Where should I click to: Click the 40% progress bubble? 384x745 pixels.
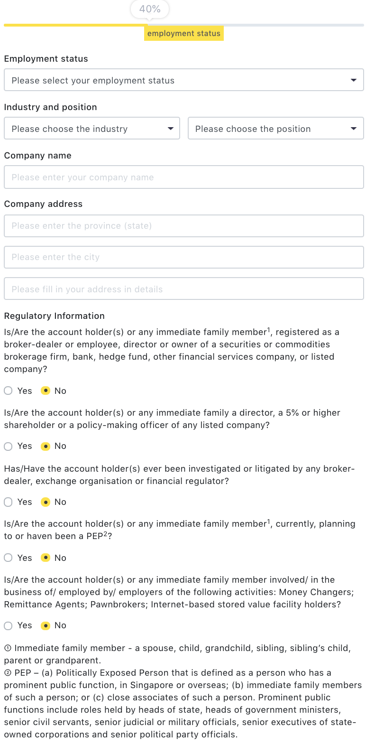pyautogui.click(x=150, y=9)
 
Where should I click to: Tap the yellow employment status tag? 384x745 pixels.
pyautogui.click(x=184, y=33)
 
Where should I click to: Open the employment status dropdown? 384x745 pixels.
pyautogui.click(x=184, y=80)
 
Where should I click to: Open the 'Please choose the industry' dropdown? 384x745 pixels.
pyautogui.click(x=92, y=129)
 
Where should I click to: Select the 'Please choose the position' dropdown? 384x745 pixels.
pyautogui.click(x=276, y=129)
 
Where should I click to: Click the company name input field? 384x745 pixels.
pyautogui.click(x=184, y=177)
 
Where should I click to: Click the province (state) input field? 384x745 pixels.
pyautogui.click(x=184, y=226)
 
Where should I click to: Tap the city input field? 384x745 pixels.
pyautogui.click(x=184, y=257)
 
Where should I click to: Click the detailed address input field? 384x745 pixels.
pyautogui.click(x=184, y=289)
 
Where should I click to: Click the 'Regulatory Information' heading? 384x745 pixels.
pyautogui.click(x=55, y=316)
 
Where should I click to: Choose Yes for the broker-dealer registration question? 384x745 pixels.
pyautogui.click(x=8, y=391)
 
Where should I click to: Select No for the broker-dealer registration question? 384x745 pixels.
pyautogui.click(x=46, y=391)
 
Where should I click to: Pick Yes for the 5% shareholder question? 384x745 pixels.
pyautogui.click(x=8, y=447)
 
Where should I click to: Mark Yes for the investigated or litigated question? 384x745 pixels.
pyautogui.click(x=8, y=502)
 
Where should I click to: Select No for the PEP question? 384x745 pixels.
pyautogui.click(x=46, y=558)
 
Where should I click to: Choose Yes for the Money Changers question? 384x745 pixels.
pyautogui.click(x=8, y=626)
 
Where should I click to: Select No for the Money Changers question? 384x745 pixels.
pyautogui.click(x=46, y=626)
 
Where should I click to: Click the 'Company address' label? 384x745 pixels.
pyautogui.click(x=43, y=204)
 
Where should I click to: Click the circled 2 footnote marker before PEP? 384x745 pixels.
pyautogui.click(x=8, y=673)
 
